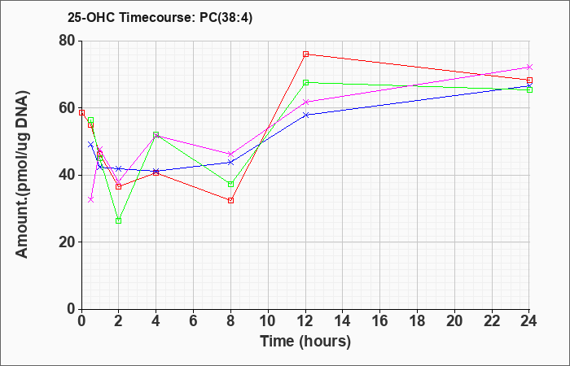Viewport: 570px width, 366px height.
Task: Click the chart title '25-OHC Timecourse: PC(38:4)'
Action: [x=160, y=18]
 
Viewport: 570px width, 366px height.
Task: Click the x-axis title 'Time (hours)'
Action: [x=305, y=342]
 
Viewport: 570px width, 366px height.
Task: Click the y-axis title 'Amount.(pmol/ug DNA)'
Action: [x=22, y=175]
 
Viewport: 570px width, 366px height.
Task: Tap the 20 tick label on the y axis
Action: [x=67, y=242]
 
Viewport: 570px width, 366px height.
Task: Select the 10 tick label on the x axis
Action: [x=268, y=321]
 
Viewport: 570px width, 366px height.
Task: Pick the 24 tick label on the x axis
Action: [x=528, y=321]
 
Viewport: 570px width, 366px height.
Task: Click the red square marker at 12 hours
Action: [x=305, y=54]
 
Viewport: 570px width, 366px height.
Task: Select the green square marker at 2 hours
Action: [x=119, y=220]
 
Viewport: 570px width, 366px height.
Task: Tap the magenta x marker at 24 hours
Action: [x=529, y=68]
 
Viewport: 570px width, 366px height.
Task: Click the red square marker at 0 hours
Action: [x=81, y=112]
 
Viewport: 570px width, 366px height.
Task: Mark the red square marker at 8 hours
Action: [x=230, y=200]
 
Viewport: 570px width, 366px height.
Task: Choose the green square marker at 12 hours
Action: [x=305, y=82]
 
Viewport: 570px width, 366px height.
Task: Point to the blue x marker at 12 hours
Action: [x=305, y=115]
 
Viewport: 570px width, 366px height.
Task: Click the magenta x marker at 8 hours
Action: [x=230, y=154]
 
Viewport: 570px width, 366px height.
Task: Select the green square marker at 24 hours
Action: [x=529, y=89]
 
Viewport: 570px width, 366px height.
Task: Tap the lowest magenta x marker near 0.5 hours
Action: [x=91, y=199]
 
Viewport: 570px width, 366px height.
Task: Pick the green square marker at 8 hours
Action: [x=230, y=184]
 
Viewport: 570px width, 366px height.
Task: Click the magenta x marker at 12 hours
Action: [x=305, y=102]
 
